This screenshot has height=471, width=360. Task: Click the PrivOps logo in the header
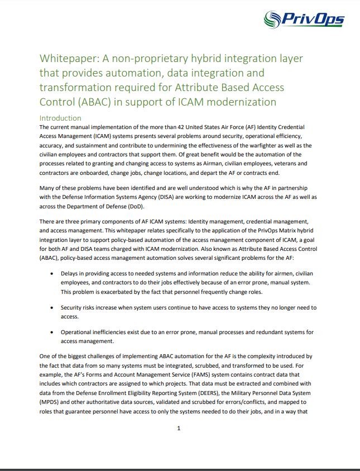point(304,21)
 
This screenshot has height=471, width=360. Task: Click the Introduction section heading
point(60,118)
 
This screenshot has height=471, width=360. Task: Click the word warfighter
point(271,146)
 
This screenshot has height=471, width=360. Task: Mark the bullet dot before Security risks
point(52,308)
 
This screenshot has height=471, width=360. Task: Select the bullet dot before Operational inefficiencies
point(52,332)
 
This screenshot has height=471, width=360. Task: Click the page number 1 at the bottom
point(179,428)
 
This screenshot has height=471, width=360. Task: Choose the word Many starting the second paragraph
point(48,188)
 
